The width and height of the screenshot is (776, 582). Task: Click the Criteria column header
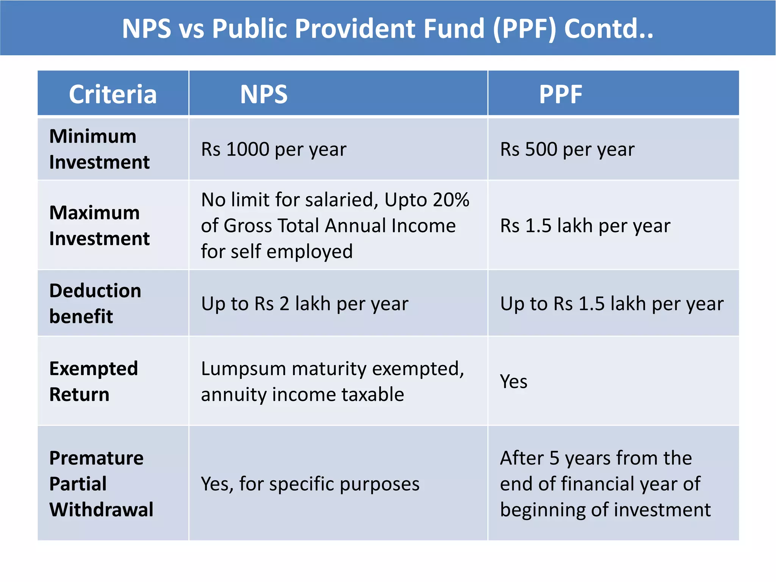(x=113, y=94)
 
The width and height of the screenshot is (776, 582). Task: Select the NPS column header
(x=264, y=94)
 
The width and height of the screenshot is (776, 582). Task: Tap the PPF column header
(x=560, y=94)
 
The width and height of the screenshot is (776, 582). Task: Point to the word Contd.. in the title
(x=609, y=29)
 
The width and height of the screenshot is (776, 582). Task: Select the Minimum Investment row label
(x=99, y=149)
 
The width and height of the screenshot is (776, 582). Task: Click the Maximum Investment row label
(x=99, y=225)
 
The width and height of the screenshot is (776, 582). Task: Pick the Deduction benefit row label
(x=95, y=303)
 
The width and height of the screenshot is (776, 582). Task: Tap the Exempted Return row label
(x=94, y=381)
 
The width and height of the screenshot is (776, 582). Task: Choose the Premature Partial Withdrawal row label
(x=101, y=483)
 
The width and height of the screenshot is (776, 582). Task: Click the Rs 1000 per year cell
(x=274, y=149)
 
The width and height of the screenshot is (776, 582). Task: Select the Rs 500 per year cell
(x=567, y=149)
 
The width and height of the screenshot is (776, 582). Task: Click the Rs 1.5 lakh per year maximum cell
(x=585, y=226)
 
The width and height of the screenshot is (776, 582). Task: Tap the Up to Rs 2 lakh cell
(x=305, y=304)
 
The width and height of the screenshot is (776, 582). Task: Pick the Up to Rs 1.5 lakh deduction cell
(x=612, y=304)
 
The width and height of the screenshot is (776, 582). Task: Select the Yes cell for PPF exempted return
(x=513, y=381)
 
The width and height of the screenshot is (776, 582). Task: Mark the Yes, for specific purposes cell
(x=310, y=484)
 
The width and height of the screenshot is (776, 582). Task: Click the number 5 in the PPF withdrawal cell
(x=554, y=458)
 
